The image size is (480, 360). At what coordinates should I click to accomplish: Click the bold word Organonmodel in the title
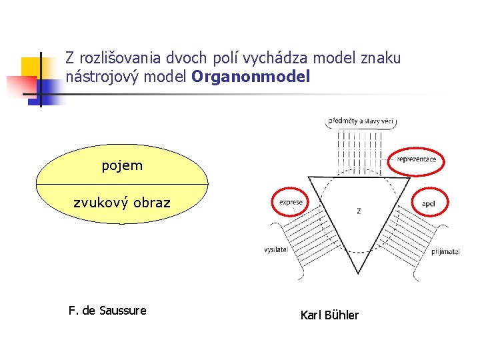point(251,77)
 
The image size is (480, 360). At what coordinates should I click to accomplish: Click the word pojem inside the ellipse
point(122,165)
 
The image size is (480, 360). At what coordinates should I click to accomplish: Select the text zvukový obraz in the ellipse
point(122,203)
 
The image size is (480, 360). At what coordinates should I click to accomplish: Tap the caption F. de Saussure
point(107,311)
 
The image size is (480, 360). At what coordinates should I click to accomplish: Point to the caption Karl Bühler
point(329,315)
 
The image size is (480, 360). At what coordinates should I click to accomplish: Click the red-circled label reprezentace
point(417,160)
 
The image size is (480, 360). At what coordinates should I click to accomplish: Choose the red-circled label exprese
point(291,202)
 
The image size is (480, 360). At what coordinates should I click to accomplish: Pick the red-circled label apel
point(429,203)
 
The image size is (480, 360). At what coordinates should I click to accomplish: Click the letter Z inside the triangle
point(359,211)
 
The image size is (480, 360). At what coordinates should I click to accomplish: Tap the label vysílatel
point(275,250)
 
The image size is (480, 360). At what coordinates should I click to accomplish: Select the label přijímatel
point(445,252)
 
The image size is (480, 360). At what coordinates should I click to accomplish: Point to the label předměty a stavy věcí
point(361,122)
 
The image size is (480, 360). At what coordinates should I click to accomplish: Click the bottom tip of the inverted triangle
point(359,273)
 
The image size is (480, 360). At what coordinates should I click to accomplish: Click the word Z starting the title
point(69,58)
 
